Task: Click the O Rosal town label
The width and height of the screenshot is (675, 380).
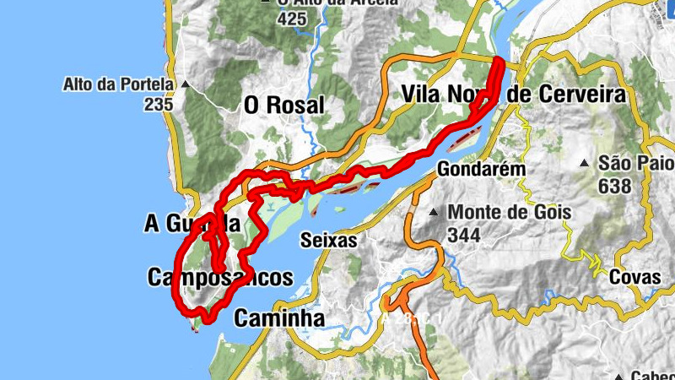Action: (x=283, y=105)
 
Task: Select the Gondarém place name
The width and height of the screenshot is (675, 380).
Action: (x=481, y=170)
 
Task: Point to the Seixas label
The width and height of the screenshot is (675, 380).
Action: (x=329, y=241)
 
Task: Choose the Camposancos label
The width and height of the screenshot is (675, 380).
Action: (x=219, y=277)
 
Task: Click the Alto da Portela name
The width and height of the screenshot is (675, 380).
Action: (x=117, y=84)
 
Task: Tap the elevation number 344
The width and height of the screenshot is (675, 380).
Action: (x=465, y=235)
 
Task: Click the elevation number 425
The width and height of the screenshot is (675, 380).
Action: (x=291, y=19)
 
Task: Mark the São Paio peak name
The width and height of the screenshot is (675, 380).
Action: (x=636, y=163)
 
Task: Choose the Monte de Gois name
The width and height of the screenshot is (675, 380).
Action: (x=510, y=212)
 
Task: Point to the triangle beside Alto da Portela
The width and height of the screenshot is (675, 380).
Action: (x=183, y=84)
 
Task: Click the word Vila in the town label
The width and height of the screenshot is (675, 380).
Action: (x=426, y=94)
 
